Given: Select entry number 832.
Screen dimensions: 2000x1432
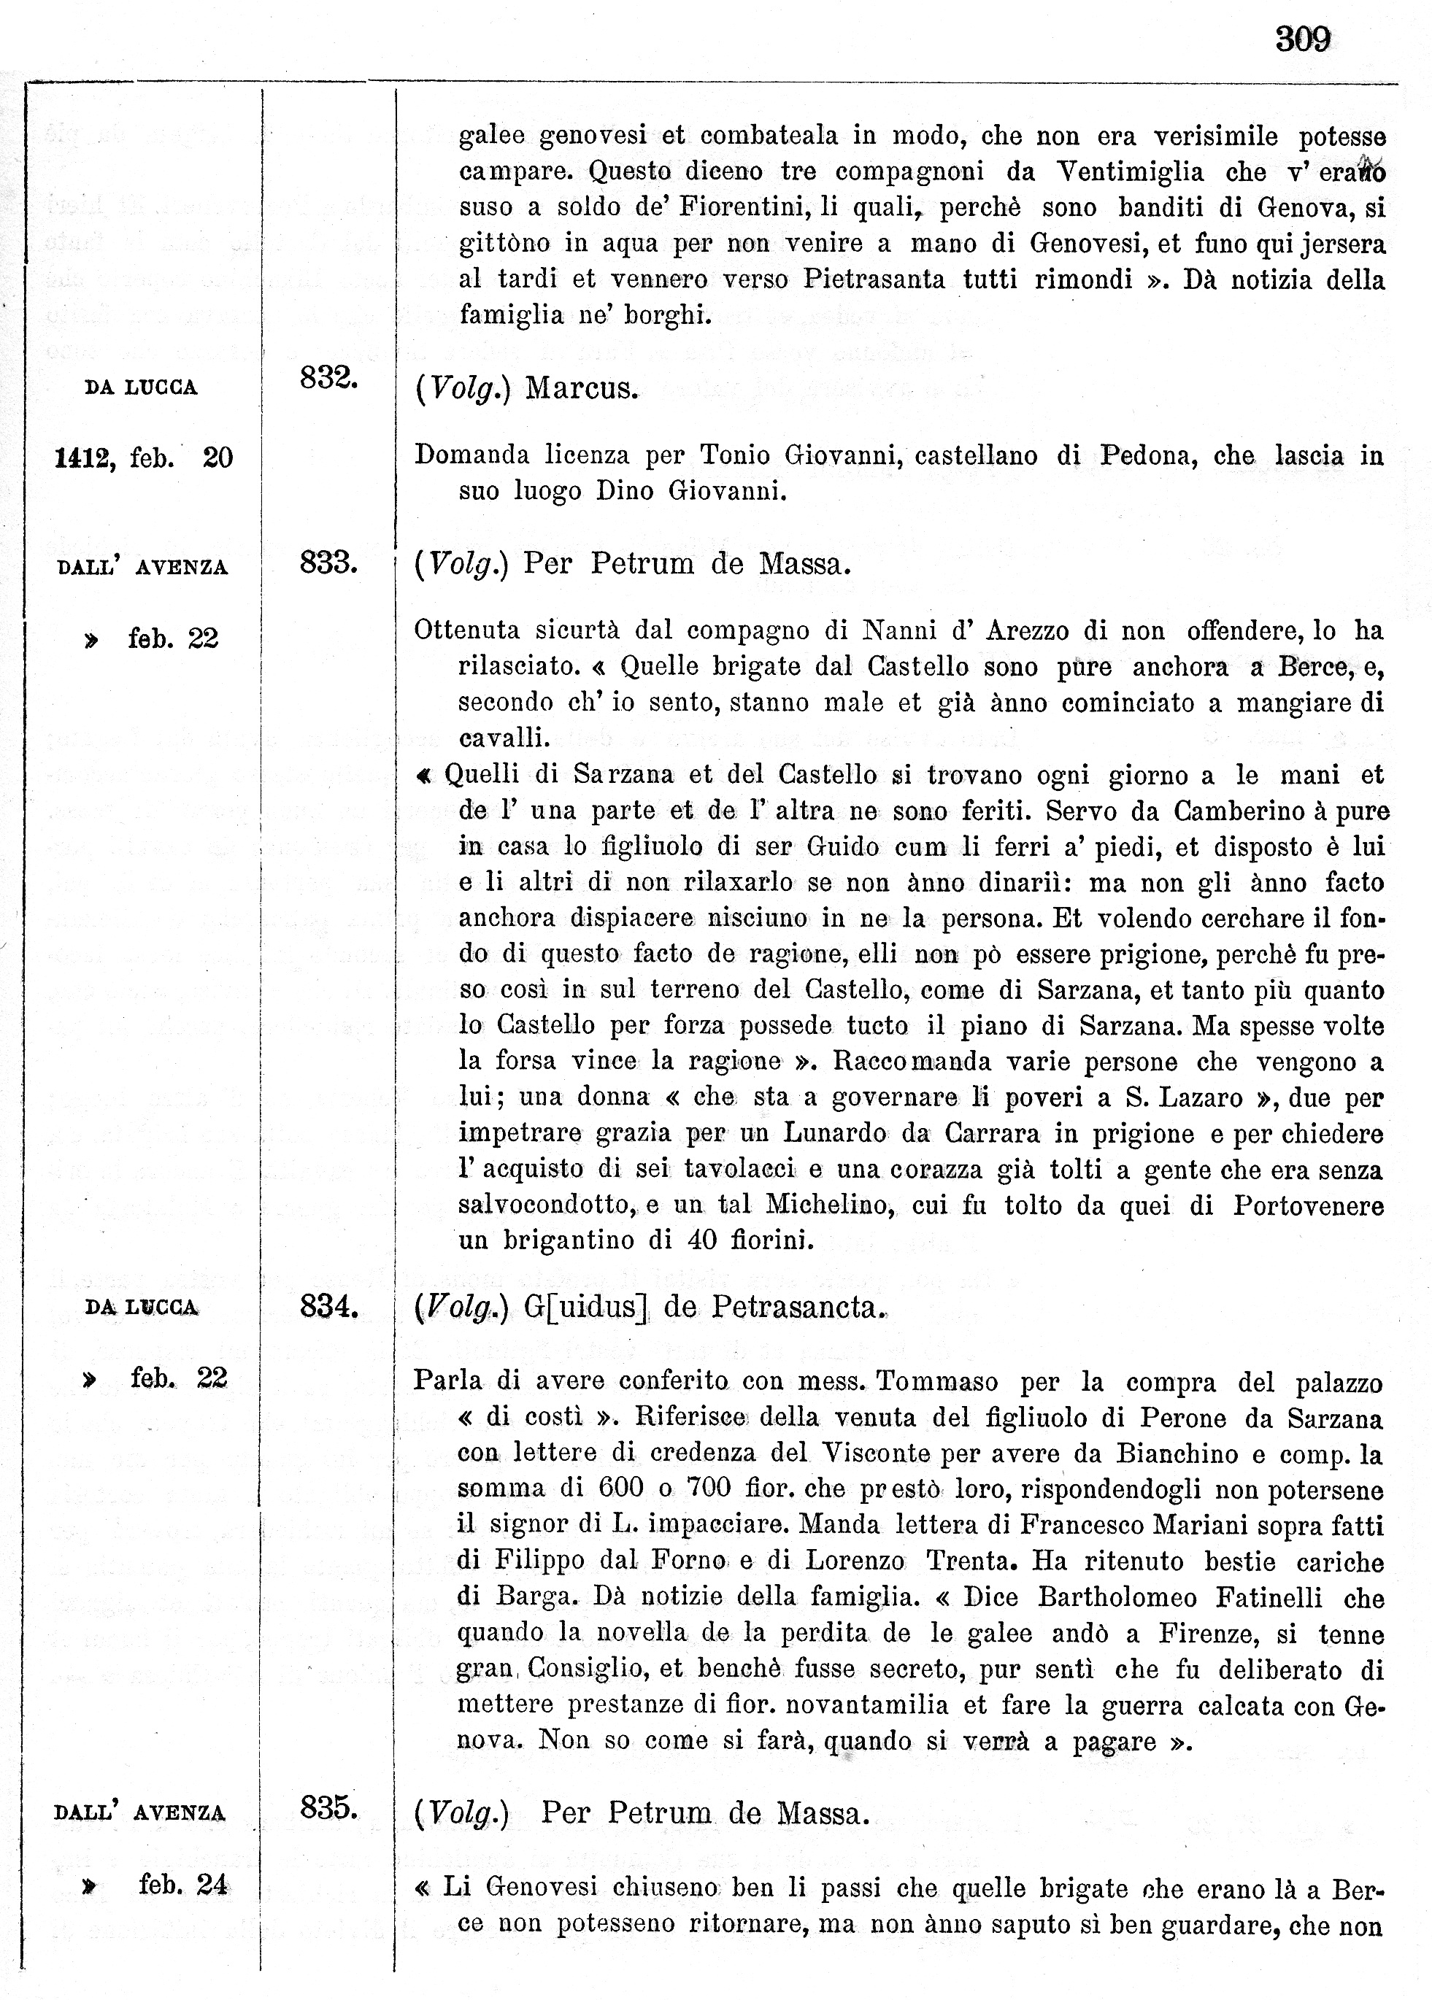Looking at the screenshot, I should coord(328,377).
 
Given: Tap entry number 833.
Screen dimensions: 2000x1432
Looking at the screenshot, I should coord(328,562).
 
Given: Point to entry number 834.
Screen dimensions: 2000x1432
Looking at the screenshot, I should coord(328,1305).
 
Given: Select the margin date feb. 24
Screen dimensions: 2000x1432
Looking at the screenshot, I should coord(183,1885).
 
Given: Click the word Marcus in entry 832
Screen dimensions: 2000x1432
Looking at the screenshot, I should coord(581,389).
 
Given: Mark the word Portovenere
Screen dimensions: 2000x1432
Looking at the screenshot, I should coord(1308,1205).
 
